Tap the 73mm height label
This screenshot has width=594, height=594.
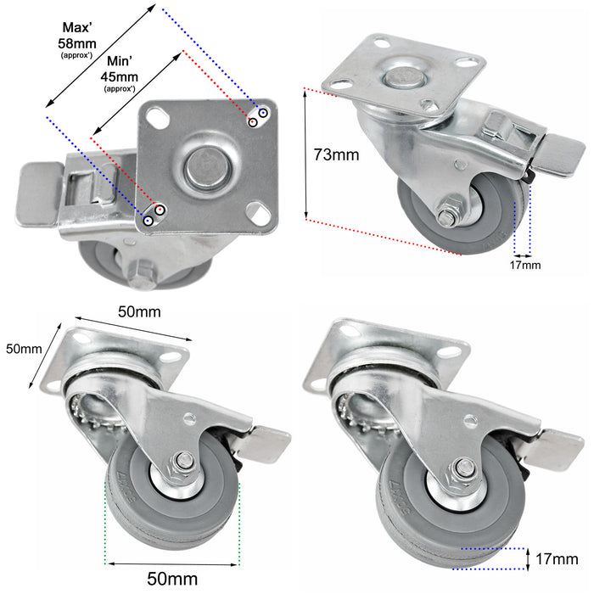point(336,154)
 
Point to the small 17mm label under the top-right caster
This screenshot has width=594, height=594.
point(524,266)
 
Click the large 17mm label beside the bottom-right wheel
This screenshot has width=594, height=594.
point(558,559)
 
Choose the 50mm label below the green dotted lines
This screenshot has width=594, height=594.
point(173,579)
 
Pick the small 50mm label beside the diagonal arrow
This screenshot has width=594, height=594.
point(23,349)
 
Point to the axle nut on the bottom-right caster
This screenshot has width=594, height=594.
point(464,468)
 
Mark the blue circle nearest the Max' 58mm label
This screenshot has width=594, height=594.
point(263,112)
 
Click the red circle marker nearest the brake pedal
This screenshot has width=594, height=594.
point(160,210)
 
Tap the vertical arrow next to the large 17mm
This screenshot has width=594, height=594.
point(528,559)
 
